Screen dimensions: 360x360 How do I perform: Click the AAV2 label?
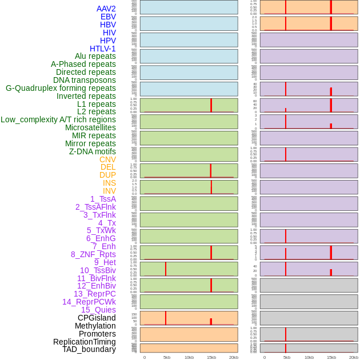pyautogui.click(x=106, y=9)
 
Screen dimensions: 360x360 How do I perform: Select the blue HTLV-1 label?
pyautogui.click(x=102, y=49)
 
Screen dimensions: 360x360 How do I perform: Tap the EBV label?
pyautogui.click(x=108, y=17)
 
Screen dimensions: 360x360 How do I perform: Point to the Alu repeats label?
pyautogui.click(x=95, y=56)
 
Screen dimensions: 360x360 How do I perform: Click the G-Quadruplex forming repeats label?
pyautogui.click(x=61, y=88)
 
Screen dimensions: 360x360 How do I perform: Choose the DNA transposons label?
pyautogui.click(x=85, y=80)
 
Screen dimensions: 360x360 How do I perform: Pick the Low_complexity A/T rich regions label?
pyautogui.click(x=58, y=119)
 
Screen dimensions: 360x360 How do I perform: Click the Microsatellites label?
pyautogui.click(x=90, y=127)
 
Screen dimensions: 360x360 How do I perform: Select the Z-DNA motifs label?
pyautogui.click(x=93, y=151)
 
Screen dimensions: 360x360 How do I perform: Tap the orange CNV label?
pyautogui.click(x=107, y=159)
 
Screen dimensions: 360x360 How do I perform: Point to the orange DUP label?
pyautogui.click(x=107, y=175)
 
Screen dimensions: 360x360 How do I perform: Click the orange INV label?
pyautogui.click(x=109, y=191)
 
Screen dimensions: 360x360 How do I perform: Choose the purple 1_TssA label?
pyautogui.click(x=103, y=199)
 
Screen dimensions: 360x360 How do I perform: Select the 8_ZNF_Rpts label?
pyautogui.click(x=93, y=254)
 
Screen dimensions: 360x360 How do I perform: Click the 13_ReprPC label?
pyautogui.click(x=94, y=294)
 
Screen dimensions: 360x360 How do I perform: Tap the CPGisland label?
pyautogui.click(x=97, y=318)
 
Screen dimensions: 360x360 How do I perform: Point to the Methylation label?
pyautogui.click(x=95, y=326)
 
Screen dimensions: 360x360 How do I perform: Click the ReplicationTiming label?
pyautogui.click(x=85, y=342)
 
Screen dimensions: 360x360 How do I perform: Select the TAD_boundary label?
pyautogui.click(x=89, y=349)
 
